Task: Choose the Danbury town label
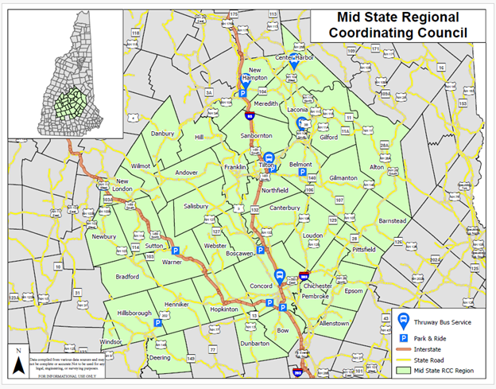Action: (x=162, y=134)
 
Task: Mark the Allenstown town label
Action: (x=333, y=324)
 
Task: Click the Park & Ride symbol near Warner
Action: (x=176, y=250)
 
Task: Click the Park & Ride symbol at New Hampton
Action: (x=243, y=93)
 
